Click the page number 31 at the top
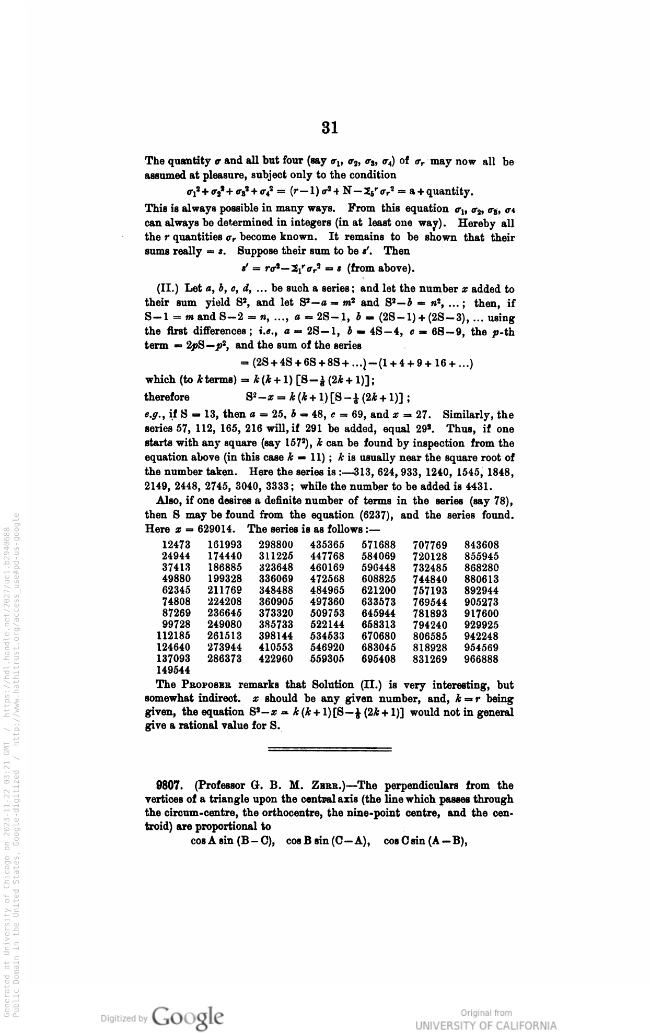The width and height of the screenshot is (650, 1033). pos(329,127)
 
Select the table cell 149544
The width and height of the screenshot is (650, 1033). pos(173,670)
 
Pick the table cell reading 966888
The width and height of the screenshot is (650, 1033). pos(481,659)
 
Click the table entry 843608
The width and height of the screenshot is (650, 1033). pos(481,545)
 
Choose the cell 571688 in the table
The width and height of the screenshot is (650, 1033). pos(378,545)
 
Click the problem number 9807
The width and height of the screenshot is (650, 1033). pos(168,785)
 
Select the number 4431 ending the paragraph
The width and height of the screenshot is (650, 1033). pos(477,486)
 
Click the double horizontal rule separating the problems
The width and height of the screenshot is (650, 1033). pos(329,750)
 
